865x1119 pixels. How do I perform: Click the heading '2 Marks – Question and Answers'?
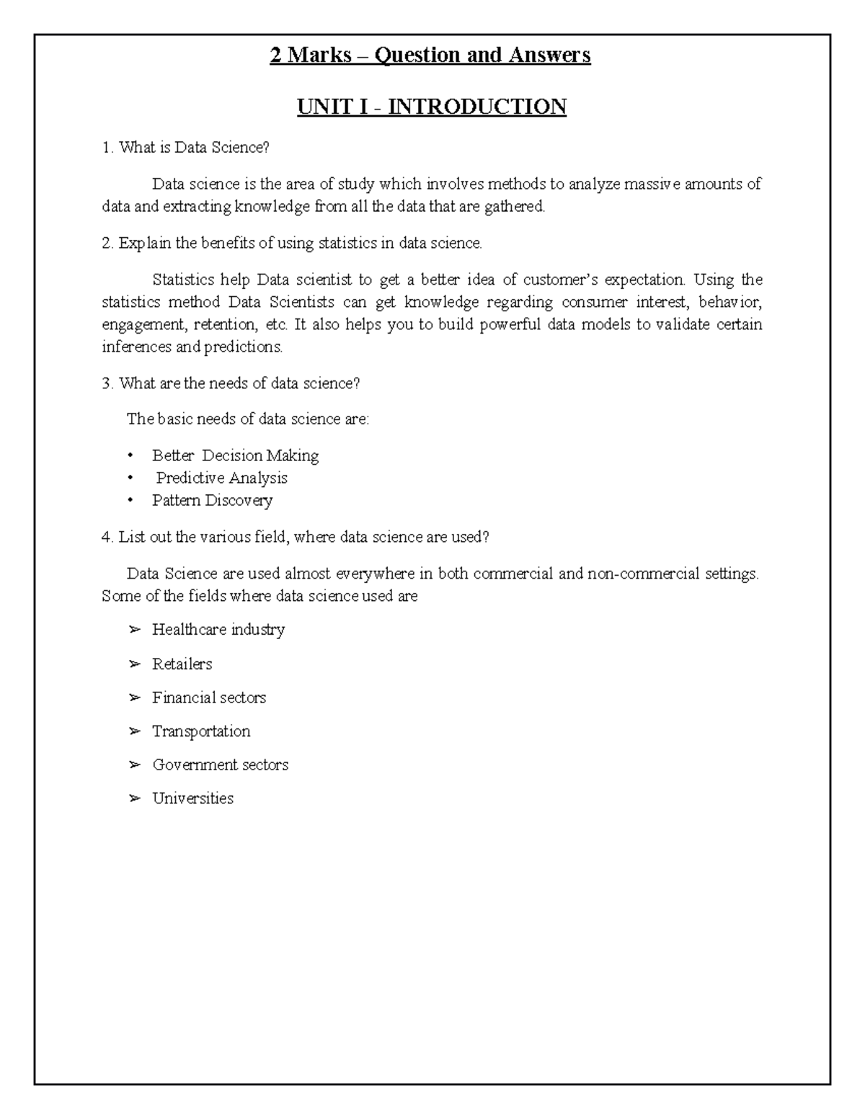point(430,55)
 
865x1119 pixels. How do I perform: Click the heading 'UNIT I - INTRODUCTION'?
point(432,107)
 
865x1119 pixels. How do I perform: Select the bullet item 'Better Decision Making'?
point(235,455)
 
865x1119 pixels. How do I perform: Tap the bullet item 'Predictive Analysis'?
point(222,478)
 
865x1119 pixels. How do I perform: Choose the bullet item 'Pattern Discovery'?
point(212,500)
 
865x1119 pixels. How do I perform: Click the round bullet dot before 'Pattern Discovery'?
point(130,500)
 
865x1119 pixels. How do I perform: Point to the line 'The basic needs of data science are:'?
point(247,419)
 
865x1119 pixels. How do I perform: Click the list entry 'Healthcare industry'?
point(218,630)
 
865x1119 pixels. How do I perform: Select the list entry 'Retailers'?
point(182,664)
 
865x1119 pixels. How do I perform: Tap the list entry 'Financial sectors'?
point(209,697)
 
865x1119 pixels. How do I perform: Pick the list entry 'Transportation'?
point(201,731)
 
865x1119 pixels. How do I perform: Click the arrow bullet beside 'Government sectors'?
point(134,765)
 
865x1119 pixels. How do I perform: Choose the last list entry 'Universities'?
point(192,798)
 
